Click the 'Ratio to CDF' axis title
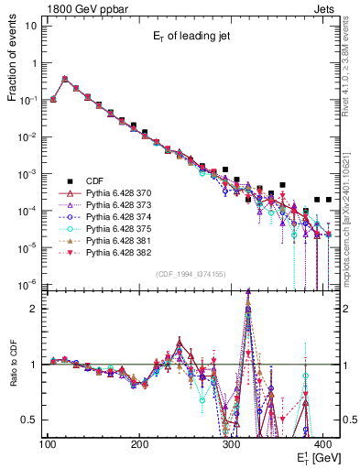pyautogui.click(x=13, y=376)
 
